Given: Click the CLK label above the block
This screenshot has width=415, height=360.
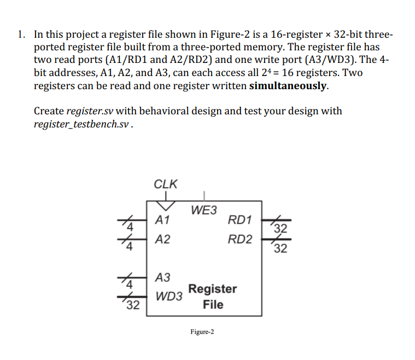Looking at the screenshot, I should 166,184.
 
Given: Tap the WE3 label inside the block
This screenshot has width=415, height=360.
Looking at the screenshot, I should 203,210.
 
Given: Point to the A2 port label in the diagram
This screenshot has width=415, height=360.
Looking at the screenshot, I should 162,240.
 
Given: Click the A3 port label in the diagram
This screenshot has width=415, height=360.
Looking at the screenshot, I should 163,277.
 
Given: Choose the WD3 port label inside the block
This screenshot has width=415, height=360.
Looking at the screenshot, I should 169,297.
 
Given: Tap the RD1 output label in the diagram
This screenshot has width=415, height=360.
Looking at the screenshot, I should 241,220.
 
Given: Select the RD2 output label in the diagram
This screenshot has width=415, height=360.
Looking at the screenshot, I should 241,239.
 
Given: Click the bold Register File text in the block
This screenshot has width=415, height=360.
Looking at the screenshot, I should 213,297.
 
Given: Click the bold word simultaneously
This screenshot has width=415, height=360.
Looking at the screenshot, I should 289,86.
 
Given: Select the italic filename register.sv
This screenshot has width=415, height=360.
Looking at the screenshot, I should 89,111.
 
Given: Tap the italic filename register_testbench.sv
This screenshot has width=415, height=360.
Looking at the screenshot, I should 82,124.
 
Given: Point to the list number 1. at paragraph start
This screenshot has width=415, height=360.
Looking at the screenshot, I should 21,35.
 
